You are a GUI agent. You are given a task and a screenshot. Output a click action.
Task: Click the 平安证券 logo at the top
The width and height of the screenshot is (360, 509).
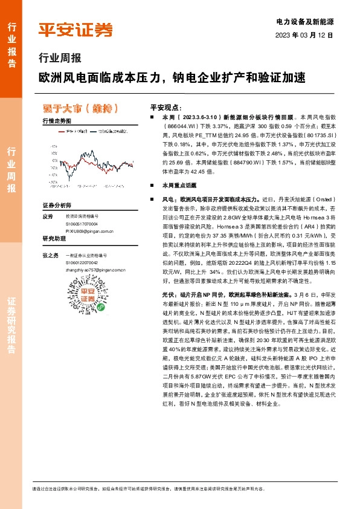(75, 30)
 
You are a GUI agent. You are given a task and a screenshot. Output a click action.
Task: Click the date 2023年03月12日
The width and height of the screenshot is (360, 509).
(304, 35)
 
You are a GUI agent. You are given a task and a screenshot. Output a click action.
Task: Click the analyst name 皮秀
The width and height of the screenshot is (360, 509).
(48, 216)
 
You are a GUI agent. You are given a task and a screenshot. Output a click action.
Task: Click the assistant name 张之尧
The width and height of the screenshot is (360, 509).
(50, 256)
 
